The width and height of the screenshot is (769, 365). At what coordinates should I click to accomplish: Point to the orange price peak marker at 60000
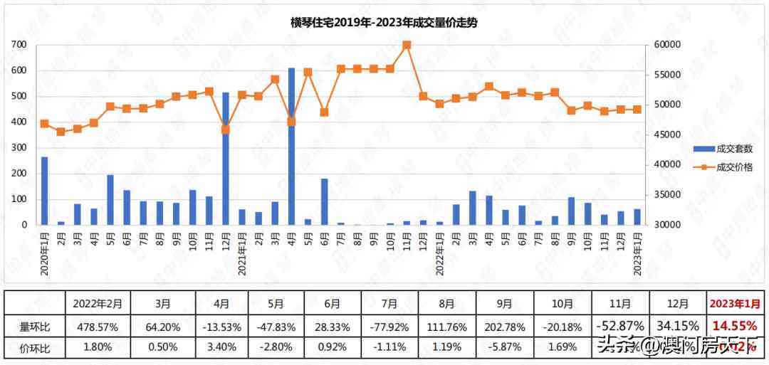click(x=407, y=45)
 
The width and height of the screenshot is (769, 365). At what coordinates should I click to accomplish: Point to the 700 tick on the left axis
click(x=19, y=45)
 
